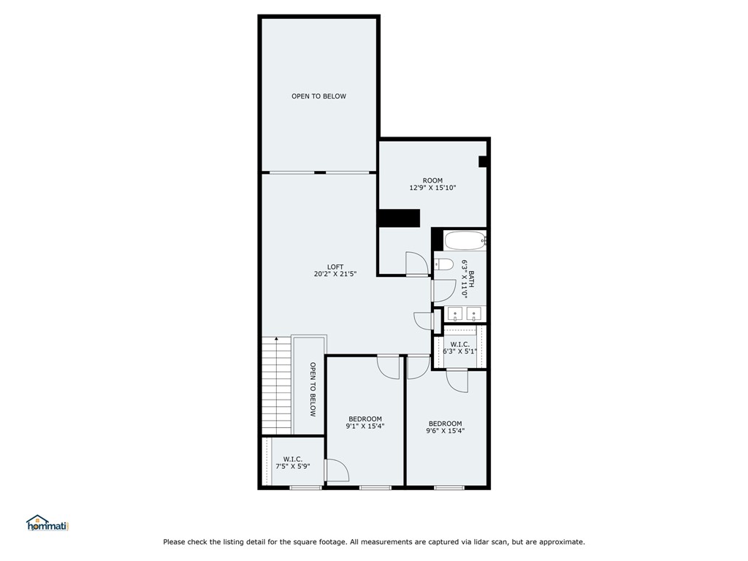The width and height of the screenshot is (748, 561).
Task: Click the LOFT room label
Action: click(335, 270)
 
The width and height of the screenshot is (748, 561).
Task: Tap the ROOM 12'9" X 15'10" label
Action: click(432, 184)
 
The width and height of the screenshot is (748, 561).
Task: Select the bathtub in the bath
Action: click(465, 241)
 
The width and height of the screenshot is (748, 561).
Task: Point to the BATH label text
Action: click(471, 280)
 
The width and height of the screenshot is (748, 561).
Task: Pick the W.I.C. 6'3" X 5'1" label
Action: click(460, 348)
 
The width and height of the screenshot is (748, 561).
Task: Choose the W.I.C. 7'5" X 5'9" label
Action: click(293, 462)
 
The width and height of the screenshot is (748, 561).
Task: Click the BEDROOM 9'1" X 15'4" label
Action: click(365, 423)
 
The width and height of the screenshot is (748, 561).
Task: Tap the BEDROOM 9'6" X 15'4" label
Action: click(445, 427)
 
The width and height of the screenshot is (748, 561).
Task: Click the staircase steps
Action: click(277, 386)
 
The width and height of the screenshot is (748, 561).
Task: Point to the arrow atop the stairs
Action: click(277, 340)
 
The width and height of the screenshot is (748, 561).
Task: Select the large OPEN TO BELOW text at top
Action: click(318, 96)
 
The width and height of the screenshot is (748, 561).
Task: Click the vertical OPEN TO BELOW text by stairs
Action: click(313, 389)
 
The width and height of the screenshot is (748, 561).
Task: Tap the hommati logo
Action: click(47, 523)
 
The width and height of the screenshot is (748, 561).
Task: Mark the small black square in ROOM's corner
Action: click(483, 161)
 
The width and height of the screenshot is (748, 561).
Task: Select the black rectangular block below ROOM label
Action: click(399, 218)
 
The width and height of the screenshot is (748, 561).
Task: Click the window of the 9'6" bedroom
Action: click(449, 487)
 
